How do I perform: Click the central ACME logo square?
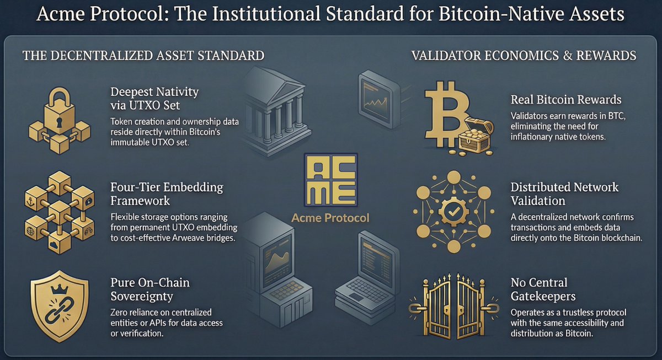pyautogui.click(x=330, y=181)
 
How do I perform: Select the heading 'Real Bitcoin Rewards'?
pyautogui.click(x=566, y=100)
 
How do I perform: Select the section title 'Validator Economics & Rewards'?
pyautogui.click(x=524, y=56)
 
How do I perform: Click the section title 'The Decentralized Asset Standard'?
pyautogui.click(x=143, y=56)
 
